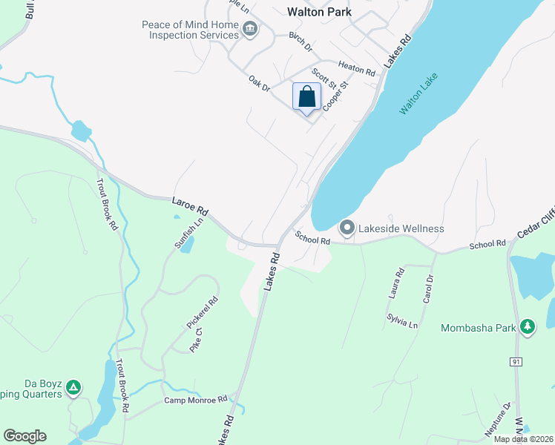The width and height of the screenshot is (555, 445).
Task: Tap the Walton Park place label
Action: (318, 12)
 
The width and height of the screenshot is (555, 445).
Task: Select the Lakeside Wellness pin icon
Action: (347, 228)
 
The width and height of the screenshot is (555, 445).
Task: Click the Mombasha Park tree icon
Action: (528, 327)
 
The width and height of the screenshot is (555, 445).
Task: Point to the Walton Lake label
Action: (418, 93)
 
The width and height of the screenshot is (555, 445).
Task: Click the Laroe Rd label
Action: (191, 206)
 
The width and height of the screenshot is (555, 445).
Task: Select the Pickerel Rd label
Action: (202, 314)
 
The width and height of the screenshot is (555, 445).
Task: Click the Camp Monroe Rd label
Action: (195, 400)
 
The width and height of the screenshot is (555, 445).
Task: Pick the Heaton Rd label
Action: (357, 69)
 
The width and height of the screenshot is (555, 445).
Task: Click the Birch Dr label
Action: (302, 44)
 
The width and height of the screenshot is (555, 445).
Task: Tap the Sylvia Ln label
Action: (402, 320)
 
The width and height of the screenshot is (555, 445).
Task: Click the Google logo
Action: (24, 436)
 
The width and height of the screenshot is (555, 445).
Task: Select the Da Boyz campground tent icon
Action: (73, 387)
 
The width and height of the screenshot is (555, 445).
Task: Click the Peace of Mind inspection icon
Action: (250, 30)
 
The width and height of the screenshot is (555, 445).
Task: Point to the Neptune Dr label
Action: (497, 418)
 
